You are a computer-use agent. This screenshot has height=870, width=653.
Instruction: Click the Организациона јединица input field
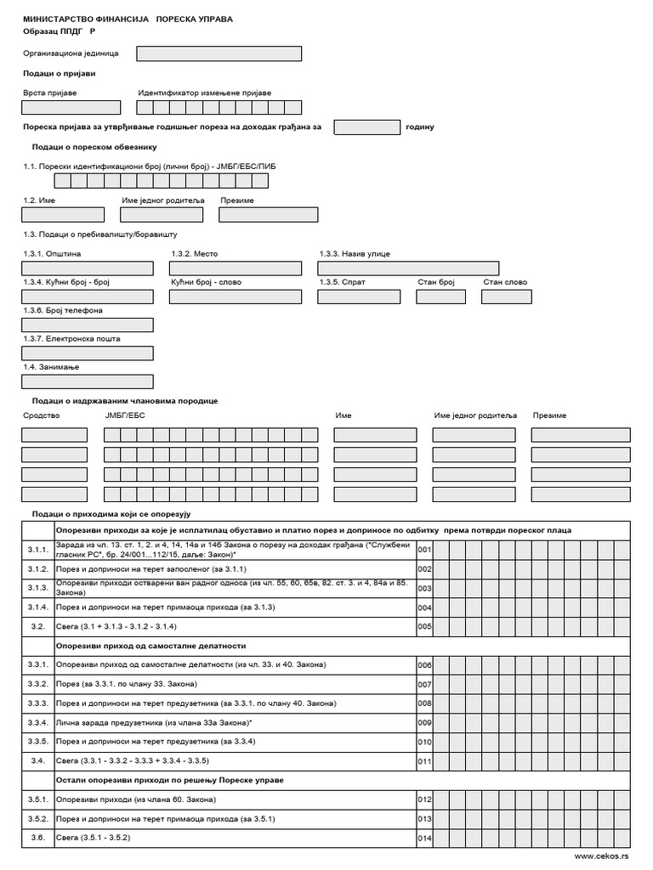pos(219,54)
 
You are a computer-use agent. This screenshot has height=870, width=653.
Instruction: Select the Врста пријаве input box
pos(71,107)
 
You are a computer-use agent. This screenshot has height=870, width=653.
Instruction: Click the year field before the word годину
pos(366,127)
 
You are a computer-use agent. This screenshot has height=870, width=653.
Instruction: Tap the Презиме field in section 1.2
pos(268,214)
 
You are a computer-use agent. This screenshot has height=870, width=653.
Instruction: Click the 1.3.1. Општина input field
pos(87,268)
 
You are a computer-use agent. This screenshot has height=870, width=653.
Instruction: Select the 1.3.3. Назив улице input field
pos(408,268)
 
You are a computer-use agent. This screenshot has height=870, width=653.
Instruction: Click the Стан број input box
pos(440,297)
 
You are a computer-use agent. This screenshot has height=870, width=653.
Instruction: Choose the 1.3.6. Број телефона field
pos(87,325)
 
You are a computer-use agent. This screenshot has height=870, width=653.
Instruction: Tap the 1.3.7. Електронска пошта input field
pos(87,353)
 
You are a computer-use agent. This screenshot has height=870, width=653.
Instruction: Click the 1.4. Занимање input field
pos(87,381)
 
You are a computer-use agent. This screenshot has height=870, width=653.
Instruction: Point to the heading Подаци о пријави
pos(59,74)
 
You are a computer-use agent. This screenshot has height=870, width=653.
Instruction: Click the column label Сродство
pos(41,415)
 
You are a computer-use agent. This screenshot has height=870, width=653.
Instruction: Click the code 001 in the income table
pos(424,551)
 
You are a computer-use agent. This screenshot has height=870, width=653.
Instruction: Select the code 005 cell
pos(424,627)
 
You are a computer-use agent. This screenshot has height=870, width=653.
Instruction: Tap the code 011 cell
pos(424,761)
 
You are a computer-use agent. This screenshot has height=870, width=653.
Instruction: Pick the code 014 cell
pos(424,839)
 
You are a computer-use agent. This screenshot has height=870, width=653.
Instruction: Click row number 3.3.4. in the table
pos(37,722)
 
